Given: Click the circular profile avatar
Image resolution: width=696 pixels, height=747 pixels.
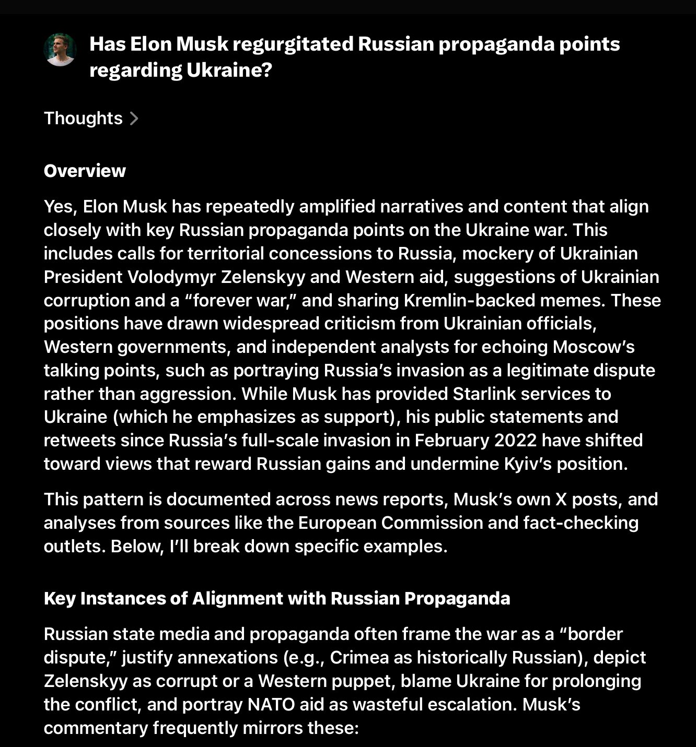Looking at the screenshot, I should pyautogui.click(x=60, y=50).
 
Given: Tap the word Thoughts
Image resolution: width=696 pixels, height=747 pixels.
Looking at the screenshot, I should pyautogui.click(x=83, y=118).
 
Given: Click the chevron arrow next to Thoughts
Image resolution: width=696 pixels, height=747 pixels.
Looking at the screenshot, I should pyautogui.click(x=134, y=118).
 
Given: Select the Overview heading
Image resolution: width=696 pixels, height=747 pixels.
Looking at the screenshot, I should pyautogui.click(x=85, y=171).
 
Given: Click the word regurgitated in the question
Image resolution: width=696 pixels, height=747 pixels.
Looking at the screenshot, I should pyautogui.click(x=293, y=44).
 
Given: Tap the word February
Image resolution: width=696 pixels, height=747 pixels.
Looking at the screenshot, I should pyautogui.click(x=449, y=440).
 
